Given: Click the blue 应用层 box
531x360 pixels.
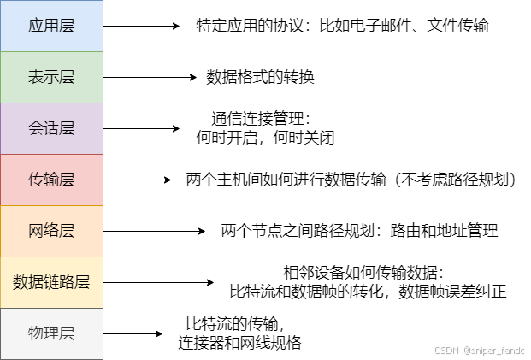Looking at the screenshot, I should (51, 26).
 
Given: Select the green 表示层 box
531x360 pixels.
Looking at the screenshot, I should (51, 77).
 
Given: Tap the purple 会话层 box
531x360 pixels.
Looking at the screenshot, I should (51, 128).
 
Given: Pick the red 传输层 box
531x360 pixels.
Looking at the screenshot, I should (51, 180).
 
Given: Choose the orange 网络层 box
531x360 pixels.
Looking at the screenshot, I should (51, 231).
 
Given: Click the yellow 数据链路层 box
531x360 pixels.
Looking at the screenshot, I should (51, 281).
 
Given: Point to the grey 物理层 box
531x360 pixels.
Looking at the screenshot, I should (51, 333).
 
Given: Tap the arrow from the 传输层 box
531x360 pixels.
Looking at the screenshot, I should (137, 180).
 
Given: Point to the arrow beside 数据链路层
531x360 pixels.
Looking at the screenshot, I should (157, 281).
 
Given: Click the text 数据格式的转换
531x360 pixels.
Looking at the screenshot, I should (261, 77).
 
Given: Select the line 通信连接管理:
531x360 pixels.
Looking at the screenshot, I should (262, 118).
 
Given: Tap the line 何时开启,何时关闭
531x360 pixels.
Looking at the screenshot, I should (262, 135).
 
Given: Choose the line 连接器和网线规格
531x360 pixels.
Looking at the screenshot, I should (239, 342).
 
